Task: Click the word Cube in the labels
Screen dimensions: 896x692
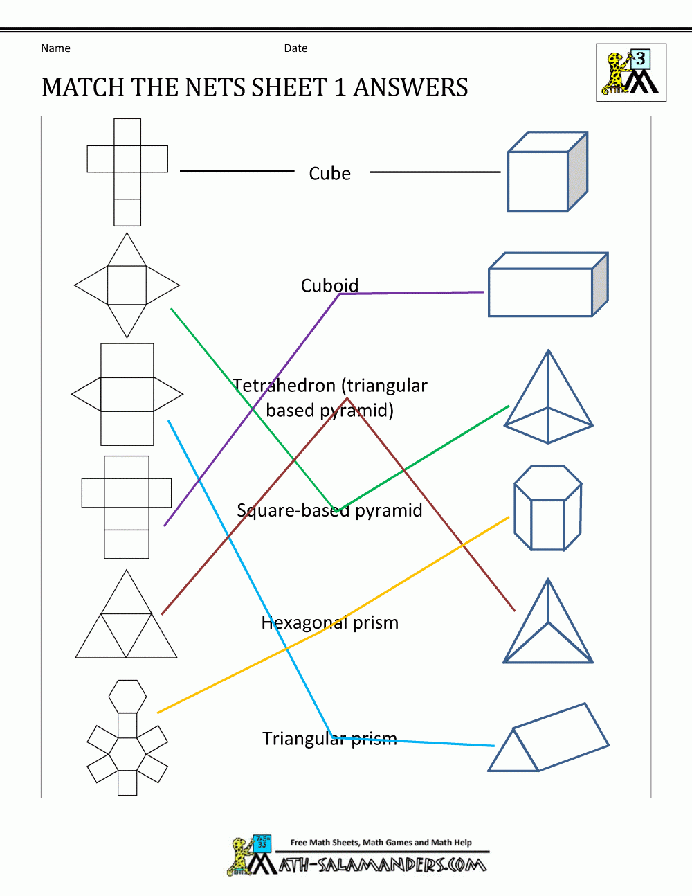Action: click(329, 173)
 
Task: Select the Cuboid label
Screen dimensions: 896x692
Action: click(329, 285)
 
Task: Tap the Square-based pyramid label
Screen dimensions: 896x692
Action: click(329, 510)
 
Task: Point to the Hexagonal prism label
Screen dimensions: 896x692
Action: click(329, 622)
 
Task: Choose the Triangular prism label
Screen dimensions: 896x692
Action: click(329, 739)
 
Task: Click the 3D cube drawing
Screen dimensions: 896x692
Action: click(547, 172)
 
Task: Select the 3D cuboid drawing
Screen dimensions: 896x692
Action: click(547, 285)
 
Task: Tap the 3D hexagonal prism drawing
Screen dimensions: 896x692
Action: click(547, 508)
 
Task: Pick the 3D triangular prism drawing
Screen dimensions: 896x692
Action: click(547, 739)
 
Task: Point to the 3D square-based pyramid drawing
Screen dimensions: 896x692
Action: click(548, 398)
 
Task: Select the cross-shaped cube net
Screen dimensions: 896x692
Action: click(127, 172)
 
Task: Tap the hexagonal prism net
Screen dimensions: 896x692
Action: click(127, 739)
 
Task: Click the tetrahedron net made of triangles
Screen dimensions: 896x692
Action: click(126, 616)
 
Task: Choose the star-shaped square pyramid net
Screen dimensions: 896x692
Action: click(127, 285)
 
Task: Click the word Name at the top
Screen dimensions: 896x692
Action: click(55, 48)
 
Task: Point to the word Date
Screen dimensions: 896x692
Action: click(295, 48)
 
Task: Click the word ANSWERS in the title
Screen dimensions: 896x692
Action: click(410, 88)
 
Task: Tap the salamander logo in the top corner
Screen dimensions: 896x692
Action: click(630, 73)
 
